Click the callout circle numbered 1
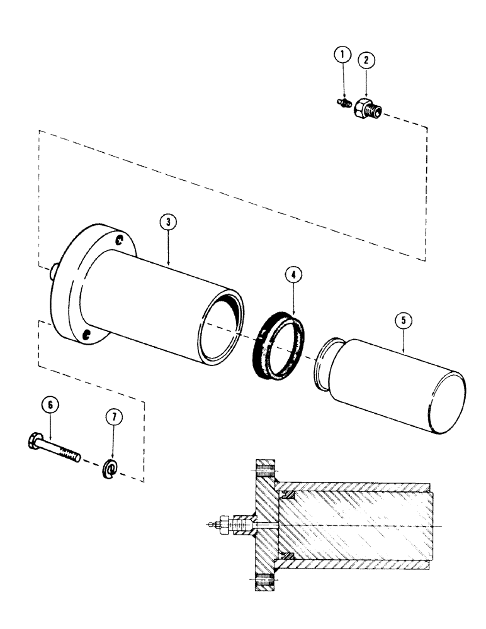(x=342, y=55)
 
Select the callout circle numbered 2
(x=364, y=60)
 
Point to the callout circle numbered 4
(x=291, y=275)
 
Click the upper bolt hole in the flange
(x=120, y=238)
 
